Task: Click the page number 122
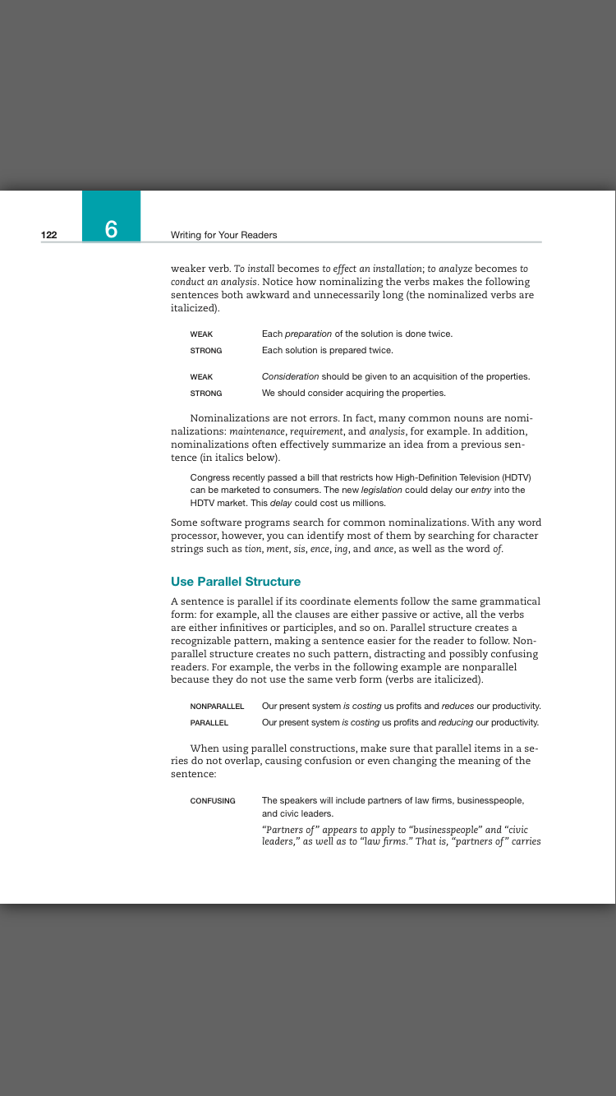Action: (x=49, y=235)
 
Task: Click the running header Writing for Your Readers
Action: (x=223, y=235)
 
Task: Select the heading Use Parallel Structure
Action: (x=236, y=582)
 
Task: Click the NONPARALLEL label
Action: (x=217, y=706)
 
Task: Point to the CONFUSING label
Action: (x=213, y=800)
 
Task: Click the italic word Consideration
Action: (x=290, y=376)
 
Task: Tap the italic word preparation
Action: (x=308, y=334)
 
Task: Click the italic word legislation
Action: (x=381, y=490)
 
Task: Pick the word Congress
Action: (x=209, y=477)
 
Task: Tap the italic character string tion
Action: (x=254, y=548)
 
